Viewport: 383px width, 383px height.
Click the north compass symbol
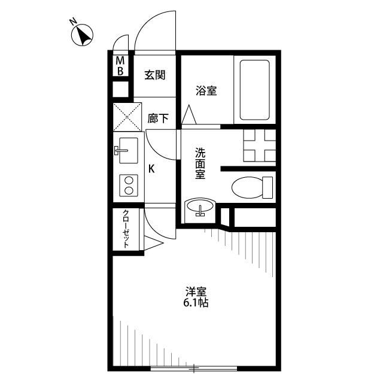click(x=83, y=35)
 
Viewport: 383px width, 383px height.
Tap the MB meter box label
click(x=120, y=66)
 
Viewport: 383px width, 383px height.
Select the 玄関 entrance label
click(x=155, y=75)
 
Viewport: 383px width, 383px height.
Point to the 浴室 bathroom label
click(x=206, y=91)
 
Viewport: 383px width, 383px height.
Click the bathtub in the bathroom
click(x=255, y=90)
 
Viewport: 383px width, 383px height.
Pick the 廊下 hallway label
click(x=158, y=118)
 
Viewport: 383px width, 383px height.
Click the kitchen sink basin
click(x=128, y=150)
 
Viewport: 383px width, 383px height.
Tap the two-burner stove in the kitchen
click(x=129, y=186)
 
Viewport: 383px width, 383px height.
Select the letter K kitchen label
click(x=151, y=169)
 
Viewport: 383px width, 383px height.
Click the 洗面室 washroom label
click(x=200, y=163)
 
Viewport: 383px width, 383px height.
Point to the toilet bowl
click(x=252, y=187)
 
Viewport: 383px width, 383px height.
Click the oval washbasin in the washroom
click(x=200, y=208)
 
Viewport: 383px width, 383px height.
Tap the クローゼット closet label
click(x=126, y=229)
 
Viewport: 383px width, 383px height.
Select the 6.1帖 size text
click(x=196, y=303)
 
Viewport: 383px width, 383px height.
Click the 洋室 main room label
click(x=196, y=292)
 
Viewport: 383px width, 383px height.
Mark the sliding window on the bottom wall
click(x=194, y=369)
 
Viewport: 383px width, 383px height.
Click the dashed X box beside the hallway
click(x=127, y=117)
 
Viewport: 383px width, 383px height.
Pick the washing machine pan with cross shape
click(x=259, y=145)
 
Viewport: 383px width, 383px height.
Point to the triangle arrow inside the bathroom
click(x=189, y=114)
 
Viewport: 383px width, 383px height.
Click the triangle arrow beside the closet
click(x=153, y=243)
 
